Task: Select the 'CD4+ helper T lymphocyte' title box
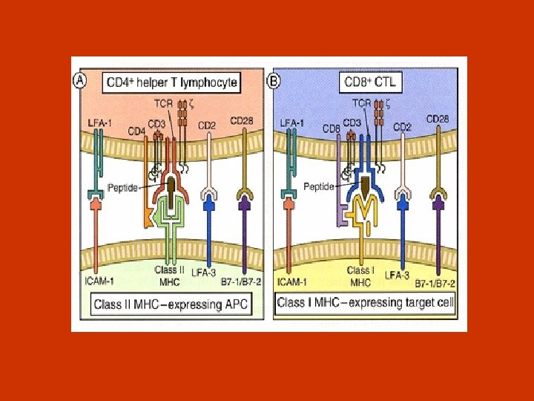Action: coord(172,82)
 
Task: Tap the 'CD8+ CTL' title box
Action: coord(370,82)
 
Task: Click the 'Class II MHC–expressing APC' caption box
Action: coord(170,303)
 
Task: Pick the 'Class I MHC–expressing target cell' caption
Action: coord(366,303)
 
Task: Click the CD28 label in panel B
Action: coord(438,119)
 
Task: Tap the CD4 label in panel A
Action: coord(136,131)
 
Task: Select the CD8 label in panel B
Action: coord(332,128)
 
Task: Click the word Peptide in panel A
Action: coord(122,188)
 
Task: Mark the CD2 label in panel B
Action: coord(403,127)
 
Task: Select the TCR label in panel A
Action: coord(164,105)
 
